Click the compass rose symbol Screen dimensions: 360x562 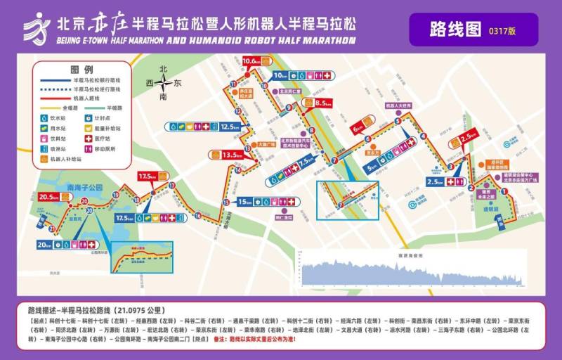coord(163,83)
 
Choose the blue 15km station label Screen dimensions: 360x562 coord(244,202)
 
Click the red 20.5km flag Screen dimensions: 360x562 coord(49,198)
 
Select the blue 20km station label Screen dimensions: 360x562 coord(45,245)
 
